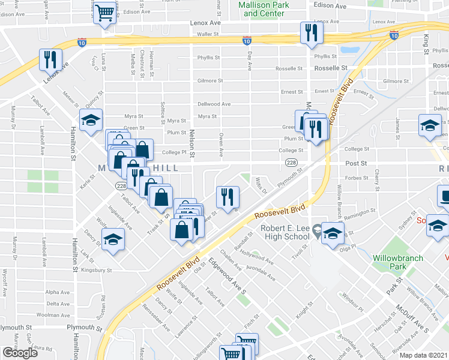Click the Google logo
20,353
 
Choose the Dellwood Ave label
214,104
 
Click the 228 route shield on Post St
291,163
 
